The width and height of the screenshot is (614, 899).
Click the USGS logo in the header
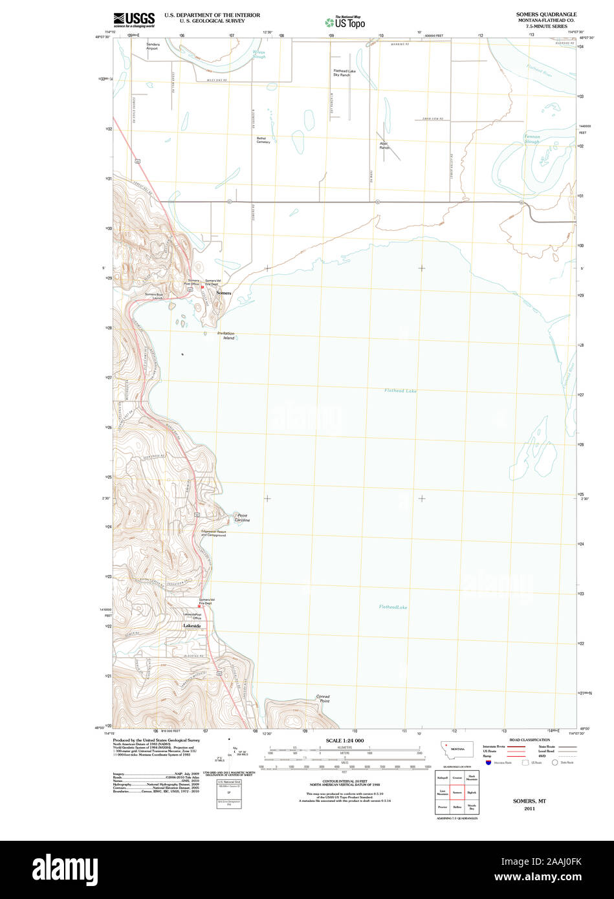(134, 19)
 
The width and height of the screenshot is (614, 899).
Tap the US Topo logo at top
(345, 22)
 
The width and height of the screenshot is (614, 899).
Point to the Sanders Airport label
(151, 46)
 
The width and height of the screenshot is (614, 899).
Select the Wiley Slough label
(259, 55)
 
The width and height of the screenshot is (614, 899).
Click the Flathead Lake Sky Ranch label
(344, 72)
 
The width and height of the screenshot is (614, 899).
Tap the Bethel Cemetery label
(263, 140)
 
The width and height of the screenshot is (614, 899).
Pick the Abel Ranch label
(384, 146)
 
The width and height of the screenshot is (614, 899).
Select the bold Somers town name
(223, 293)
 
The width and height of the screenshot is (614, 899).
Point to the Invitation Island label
(226, 336)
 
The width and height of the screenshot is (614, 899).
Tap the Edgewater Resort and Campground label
(214, 533)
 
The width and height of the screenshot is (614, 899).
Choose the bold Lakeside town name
(192, 626)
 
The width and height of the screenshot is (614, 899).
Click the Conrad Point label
(323, 699)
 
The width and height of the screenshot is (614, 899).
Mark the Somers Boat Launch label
(154, 295)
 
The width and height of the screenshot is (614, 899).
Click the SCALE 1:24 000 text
(345, 740)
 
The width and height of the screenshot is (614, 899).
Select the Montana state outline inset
(457, 750)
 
